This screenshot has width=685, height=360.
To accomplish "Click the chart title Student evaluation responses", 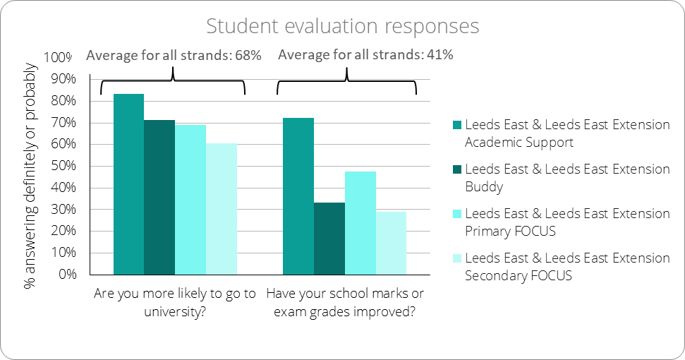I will [x=342, y=27].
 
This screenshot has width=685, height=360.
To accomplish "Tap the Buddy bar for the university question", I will [x=159, y=197].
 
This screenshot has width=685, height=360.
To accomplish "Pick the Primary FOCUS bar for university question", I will [x=190, y=199].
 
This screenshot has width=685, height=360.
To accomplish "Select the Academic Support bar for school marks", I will [x=298, y=196].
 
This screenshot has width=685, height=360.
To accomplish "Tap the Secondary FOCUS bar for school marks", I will [x=392, y=242].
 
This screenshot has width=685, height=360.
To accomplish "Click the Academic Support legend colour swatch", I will [x=456, y=126].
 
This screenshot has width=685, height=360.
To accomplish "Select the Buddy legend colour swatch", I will [x=456, y=170].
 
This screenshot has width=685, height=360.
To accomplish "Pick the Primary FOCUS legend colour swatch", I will [x=456, y=214].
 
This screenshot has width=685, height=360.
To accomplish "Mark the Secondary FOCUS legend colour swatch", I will [x=456, y=258].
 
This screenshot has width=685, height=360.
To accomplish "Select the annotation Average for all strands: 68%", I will [x=174, y=55].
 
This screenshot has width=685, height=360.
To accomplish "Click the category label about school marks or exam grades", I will [x=344, y=302].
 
